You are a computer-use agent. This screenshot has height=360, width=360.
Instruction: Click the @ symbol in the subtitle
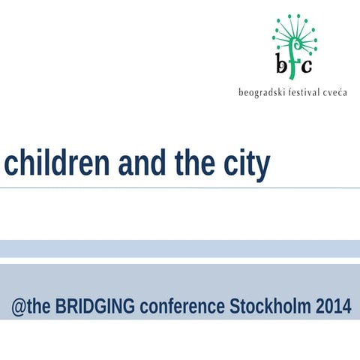click(18, 307)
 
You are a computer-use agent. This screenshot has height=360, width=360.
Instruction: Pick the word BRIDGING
click(95, 307)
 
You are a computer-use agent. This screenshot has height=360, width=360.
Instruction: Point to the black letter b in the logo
click(280, 65)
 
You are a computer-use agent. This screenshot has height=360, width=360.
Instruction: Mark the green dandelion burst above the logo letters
click(294, 34)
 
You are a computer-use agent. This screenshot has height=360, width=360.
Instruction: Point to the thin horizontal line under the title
click(180, 187)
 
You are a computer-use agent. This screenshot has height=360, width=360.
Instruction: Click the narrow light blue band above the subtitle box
click(180, 248)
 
